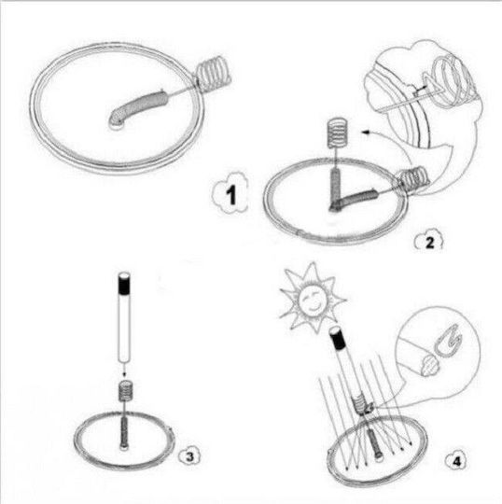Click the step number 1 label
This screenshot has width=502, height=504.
point(231,195)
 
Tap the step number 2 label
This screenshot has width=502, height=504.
point(429,242)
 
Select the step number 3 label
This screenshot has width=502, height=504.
point(190,456)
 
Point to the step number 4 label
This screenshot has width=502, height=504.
point(456,462)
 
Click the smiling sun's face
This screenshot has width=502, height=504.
point(311,300)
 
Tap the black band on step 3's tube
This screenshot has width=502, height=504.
point(124,287)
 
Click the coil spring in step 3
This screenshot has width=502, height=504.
point(126,390)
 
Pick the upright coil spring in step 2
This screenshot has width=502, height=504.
point(337,132)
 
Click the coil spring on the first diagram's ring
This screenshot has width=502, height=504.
point(214,74)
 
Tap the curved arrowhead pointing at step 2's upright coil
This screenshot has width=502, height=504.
point(366,132)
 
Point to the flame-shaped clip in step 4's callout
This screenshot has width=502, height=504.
point(448,341)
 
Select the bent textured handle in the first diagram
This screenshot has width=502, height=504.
point(137,107)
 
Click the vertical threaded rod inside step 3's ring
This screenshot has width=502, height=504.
point(124,431)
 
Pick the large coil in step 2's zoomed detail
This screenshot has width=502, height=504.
point(453,80)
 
